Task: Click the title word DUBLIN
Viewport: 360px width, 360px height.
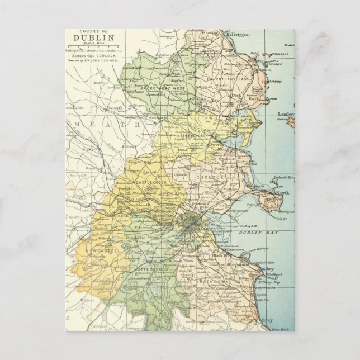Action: point(94,38)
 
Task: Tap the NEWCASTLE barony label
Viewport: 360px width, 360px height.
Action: point(101,252)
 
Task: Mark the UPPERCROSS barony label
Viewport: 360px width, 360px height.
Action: point(151,269)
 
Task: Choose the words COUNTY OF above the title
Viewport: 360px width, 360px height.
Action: point(94,31)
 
